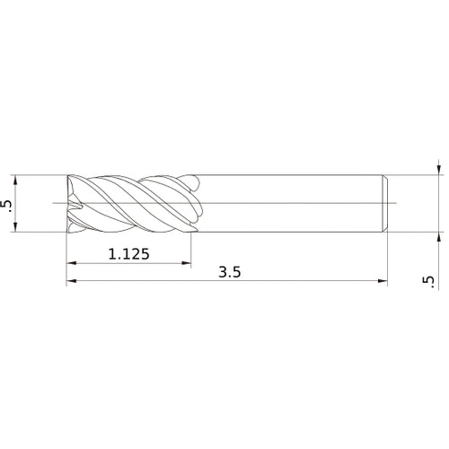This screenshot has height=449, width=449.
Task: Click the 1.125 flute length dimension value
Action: [x=128, y=254]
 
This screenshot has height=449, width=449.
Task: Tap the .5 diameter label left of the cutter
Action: [x=9, y=206]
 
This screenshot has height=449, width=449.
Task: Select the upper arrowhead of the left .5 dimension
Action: [x=17, y=180]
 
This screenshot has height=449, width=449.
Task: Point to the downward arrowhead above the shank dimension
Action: [x=437, y=169]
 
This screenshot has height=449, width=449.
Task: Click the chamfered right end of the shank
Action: [x=385, y=205]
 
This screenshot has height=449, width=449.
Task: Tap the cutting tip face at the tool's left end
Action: [x=71, y=205]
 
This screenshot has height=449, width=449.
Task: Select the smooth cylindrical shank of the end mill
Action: [x=287, y=205]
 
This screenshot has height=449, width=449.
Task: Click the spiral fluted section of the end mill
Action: [x=126, y=205]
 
